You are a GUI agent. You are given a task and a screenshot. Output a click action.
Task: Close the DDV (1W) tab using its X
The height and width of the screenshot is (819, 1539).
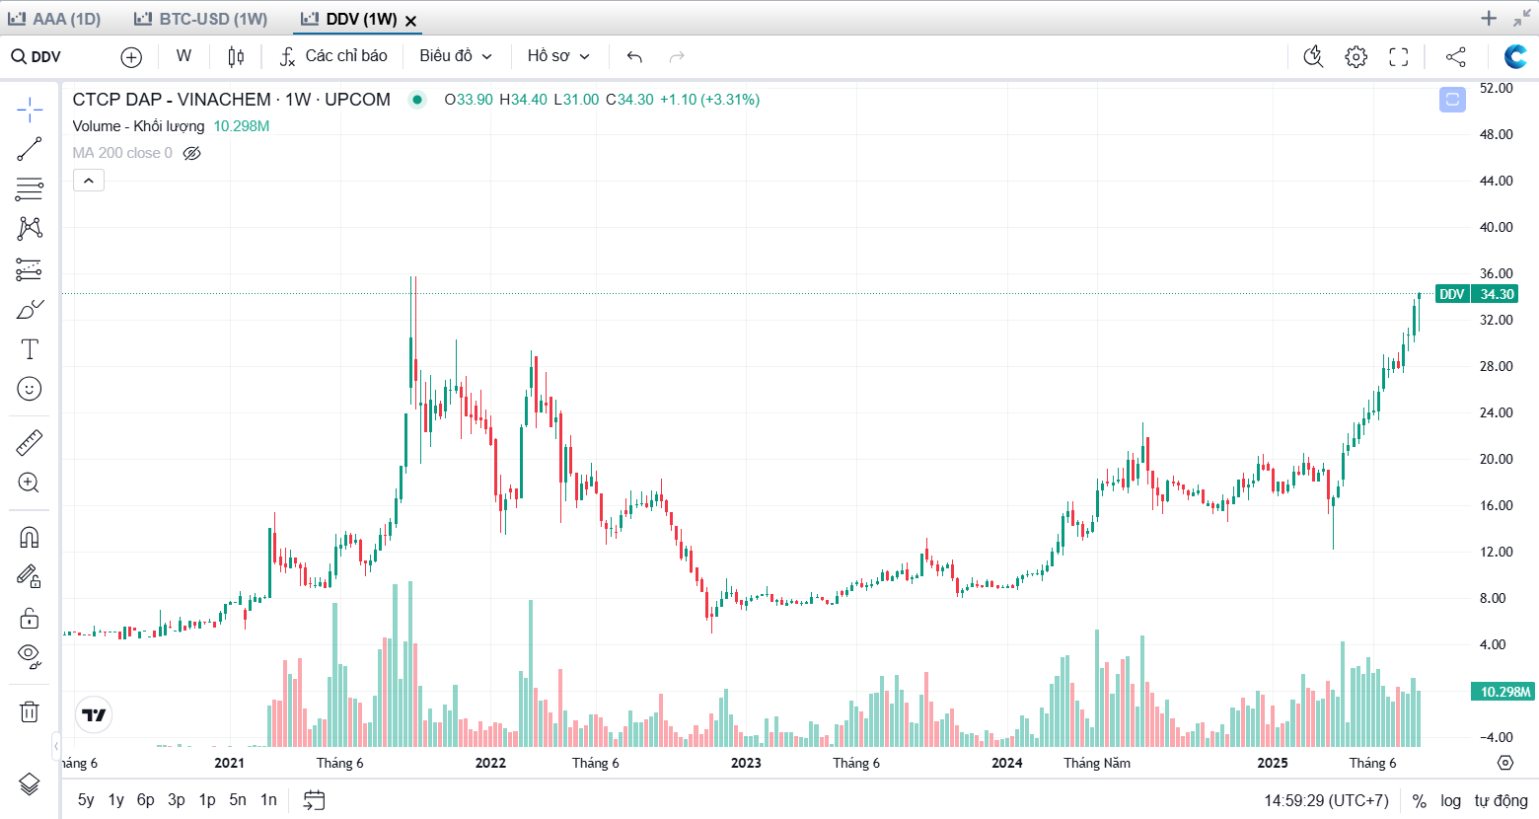tap(411, 21)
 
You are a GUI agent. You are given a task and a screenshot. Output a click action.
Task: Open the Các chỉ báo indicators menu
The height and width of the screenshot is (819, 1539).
tap(333, 56)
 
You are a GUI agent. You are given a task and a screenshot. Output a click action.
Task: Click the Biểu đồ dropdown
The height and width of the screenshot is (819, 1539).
tap(456, 56)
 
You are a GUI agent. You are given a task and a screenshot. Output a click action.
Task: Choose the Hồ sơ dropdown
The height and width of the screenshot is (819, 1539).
tap(558, 56)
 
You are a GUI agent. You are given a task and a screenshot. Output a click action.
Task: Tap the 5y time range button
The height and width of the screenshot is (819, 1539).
tap(86, 800)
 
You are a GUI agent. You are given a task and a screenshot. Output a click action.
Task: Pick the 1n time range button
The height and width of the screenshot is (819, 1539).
tap(268, 800)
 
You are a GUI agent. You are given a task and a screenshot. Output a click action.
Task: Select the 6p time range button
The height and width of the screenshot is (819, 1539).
tap(145, 800)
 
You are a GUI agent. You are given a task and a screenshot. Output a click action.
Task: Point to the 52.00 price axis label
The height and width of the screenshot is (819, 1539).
tap(1496, 88)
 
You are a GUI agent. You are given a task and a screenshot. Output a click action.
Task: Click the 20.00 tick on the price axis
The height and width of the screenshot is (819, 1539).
tap(1496, 459)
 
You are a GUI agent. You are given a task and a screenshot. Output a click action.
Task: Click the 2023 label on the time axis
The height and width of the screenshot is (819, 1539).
tap(746, 763)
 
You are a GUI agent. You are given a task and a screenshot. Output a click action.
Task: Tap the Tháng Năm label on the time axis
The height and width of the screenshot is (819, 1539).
tap(1097, 763)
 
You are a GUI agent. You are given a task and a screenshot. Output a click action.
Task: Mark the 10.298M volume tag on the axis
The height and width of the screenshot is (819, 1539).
tap(1504, 692)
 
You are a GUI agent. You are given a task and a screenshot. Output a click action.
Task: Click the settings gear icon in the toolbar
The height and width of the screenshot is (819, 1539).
tap(1356, 57)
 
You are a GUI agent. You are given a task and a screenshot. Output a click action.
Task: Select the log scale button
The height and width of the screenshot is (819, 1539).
tap(1450, 800)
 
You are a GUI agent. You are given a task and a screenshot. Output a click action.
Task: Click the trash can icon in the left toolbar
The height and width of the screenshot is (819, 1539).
tap(30, 711)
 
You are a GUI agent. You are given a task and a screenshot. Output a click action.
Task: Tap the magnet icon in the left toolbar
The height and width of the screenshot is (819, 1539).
tap(30, 537)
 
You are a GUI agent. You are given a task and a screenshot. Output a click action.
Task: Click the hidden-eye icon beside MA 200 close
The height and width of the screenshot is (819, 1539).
tap(192, 153)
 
